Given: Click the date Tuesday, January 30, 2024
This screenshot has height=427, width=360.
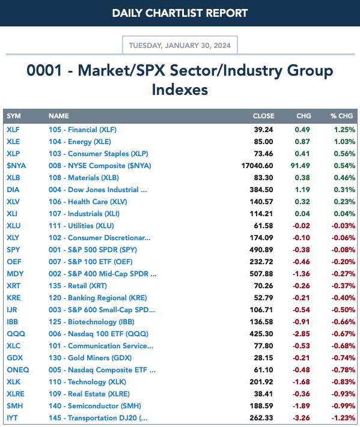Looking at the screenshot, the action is [180, 45].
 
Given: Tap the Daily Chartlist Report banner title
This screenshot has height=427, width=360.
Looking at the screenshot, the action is [180, 13].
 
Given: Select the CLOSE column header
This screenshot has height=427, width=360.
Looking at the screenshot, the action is [263, 116].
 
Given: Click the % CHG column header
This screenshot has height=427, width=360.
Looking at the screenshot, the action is [342, 116].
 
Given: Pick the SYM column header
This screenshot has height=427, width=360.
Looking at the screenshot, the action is [14, 116].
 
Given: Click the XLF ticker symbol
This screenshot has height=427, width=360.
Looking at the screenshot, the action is [13, 130].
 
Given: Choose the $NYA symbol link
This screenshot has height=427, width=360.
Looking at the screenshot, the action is [16, 166].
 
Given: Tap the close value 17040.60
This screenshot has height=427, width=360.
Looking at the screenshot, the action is [257, 166].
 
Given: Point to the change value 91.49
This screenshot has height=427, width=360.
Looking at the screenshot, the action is [300, 166].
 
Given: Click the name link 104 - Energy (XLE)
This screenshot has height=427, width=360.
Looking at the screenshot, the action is [80, 142].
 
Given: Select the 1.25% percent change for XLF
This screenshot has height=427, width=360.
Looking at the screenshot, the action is [344, 130].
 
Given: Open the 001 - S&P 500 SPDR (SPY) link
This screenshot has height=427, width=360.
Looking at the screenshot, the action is [93, 250].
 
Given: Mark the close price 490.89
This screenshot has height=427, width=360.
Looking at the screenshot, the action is [261, 250].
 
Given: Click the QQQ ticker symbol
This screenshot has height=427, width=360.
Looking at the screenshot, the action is [16, 334].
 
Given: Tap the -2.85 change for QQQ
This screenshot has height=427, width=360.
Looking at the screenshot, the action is [301, 334].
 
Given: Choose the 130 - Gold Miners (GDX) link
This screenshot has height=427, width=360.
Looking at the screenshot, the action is [90, 358].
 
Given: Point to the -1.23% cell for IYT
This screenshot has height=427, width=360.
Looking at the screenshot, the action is [343, 418].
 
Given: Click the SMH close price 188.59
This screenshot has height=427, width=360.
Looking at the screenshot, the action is [261, 406].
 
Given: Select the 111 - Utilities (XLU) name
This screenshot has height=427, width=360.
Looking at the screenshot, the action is [81, 226].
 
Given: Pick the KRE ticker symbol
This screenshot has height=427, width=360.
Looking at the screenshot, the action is [14, 298].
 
